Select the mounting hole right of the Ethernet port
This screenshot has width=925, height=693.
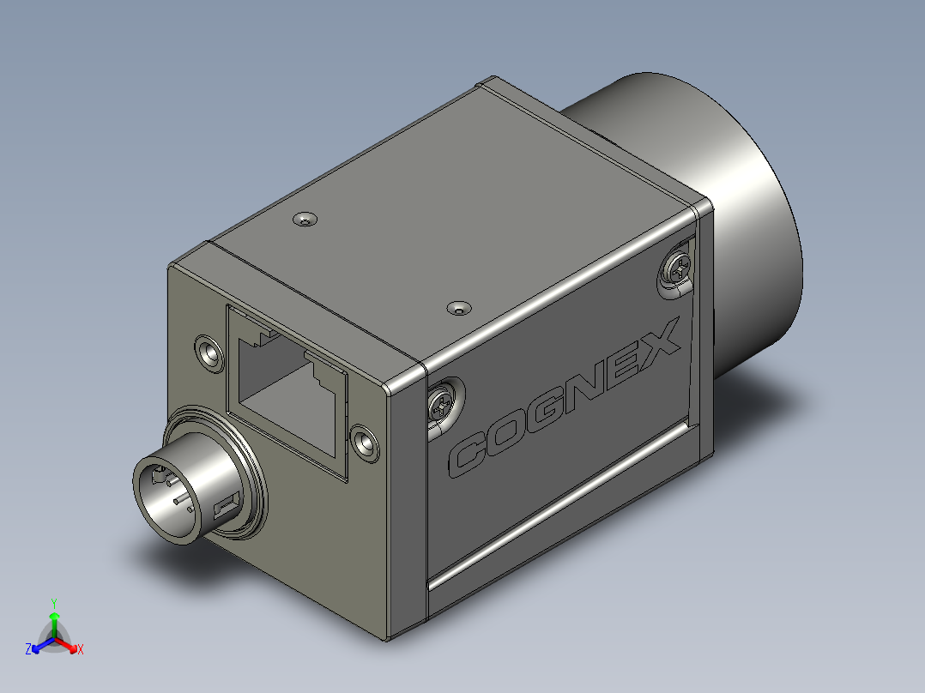point(366,442)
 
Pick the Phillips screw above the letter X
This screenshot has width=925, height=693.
point(678,267)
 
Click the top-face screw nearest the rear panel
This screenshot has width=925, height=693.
point(305,220)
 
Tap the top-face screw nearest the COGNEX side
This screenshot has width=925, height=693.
point(459,306)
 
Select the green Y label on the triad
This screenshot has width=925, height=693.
point(53,603)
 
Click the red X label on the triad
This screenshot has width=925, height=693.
point(81,650)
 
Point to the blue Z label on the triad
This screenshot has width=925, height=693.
point(28,649)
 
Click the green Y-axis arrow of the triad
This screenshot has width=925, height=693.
point(54,621)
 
